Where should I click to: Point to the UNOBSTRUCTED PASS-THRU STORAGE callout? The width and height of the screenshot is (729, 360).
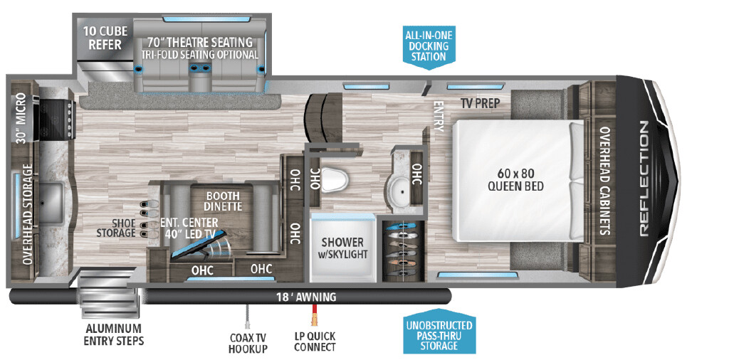point(438,335)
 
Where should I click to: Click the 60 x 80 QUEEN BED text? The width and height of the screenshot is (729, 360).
point(515,179)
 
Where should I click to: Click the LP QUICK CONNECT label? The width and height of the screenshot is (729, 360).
point(314,342)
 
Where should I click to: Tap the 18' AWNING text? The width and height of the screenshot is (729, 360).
point(305,297)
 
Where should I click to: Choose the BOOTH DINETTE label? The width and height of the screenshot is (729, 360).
point(224,201)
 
